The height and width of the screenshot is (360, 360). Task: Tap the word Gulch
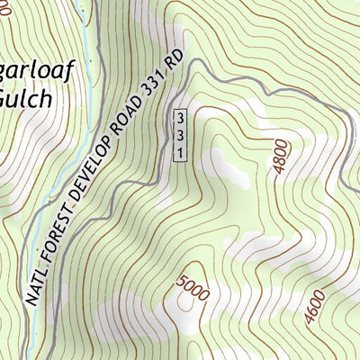click(x=27, y=94)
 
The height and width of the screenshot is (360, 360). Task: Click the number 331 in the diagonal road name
click(x=158, y=92)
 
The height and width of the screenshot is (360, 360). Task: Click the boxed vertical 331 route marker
click(x=180, y=136)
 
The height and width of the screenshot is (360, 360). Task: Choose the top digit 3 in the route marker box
click(x=180, y=120)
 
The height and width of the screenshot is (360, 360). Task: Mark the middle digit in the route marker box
click(x=180, y=136)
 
